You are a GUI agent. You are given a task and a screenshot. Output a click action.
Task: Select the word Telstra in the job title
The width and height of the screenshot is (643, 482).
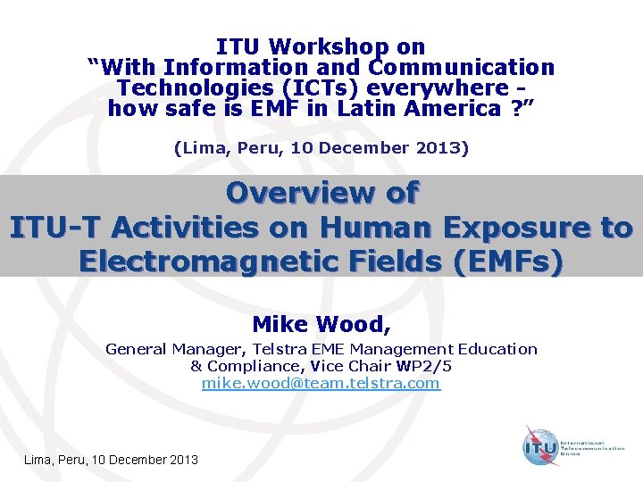pos(281,349)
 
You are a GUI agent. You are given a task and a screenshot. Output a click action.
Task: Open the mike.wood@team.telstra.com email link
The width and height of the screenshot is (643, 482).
pos(321,383)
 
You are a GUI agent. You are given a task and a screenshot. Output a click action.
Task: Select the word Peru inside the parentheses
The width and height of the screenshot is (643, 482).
pos(240,148)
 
